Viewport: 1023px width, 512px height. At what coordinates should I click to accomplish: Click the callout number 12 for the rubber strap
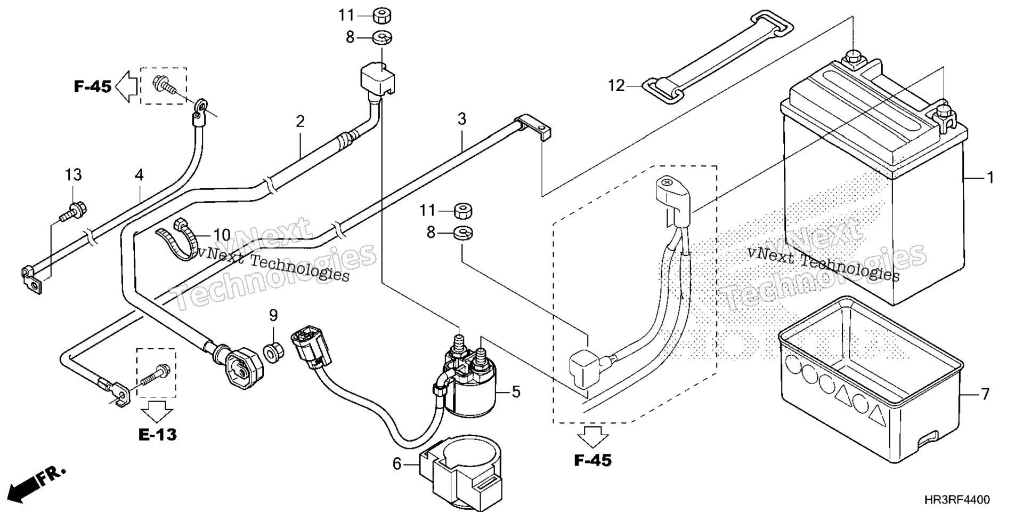pos(616,85)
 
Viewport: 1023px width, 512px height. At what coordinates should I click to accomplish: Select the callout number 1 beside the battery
pos(990,178)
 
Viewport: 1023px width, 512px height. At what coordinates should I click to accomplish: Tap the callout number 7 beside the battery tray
pos(985,394)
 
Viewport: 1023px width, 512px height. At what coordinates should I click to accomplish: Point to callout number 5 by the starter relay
pos(516,392)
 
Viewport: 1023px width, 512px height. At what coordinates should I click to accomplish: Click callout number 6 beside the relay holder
pos(397,464)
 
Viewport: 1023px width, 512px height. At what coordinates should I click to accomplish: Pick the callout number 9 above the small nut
pos(273,315)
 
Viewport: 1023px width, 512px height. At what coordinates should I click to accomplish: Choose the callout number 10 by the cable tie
pos(222,235)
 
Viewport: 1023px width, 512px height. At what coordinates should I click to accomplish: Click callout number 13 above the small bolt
pos(74,174)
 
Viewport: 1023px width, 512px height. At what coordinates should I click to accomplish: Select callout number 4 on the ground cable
pos(139,174)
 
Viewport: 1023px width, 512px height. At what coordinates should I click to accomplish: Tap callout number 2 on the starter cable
pos(300,122)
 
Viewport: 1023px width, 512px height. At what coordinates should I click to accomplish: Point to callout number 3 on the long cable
pos(461,118)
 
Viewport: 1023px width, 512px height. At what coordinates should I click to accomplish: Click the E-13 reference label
pos(157,435)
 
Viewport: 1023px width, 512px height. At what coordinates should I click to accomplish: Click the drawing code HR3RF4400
pos(957,500)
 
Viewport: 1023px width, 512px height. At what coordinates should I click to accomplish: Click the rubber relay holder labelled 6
pos(461,464)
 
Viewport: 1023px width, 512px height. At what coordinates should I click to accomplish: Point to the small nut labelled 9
pos(274,353)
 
